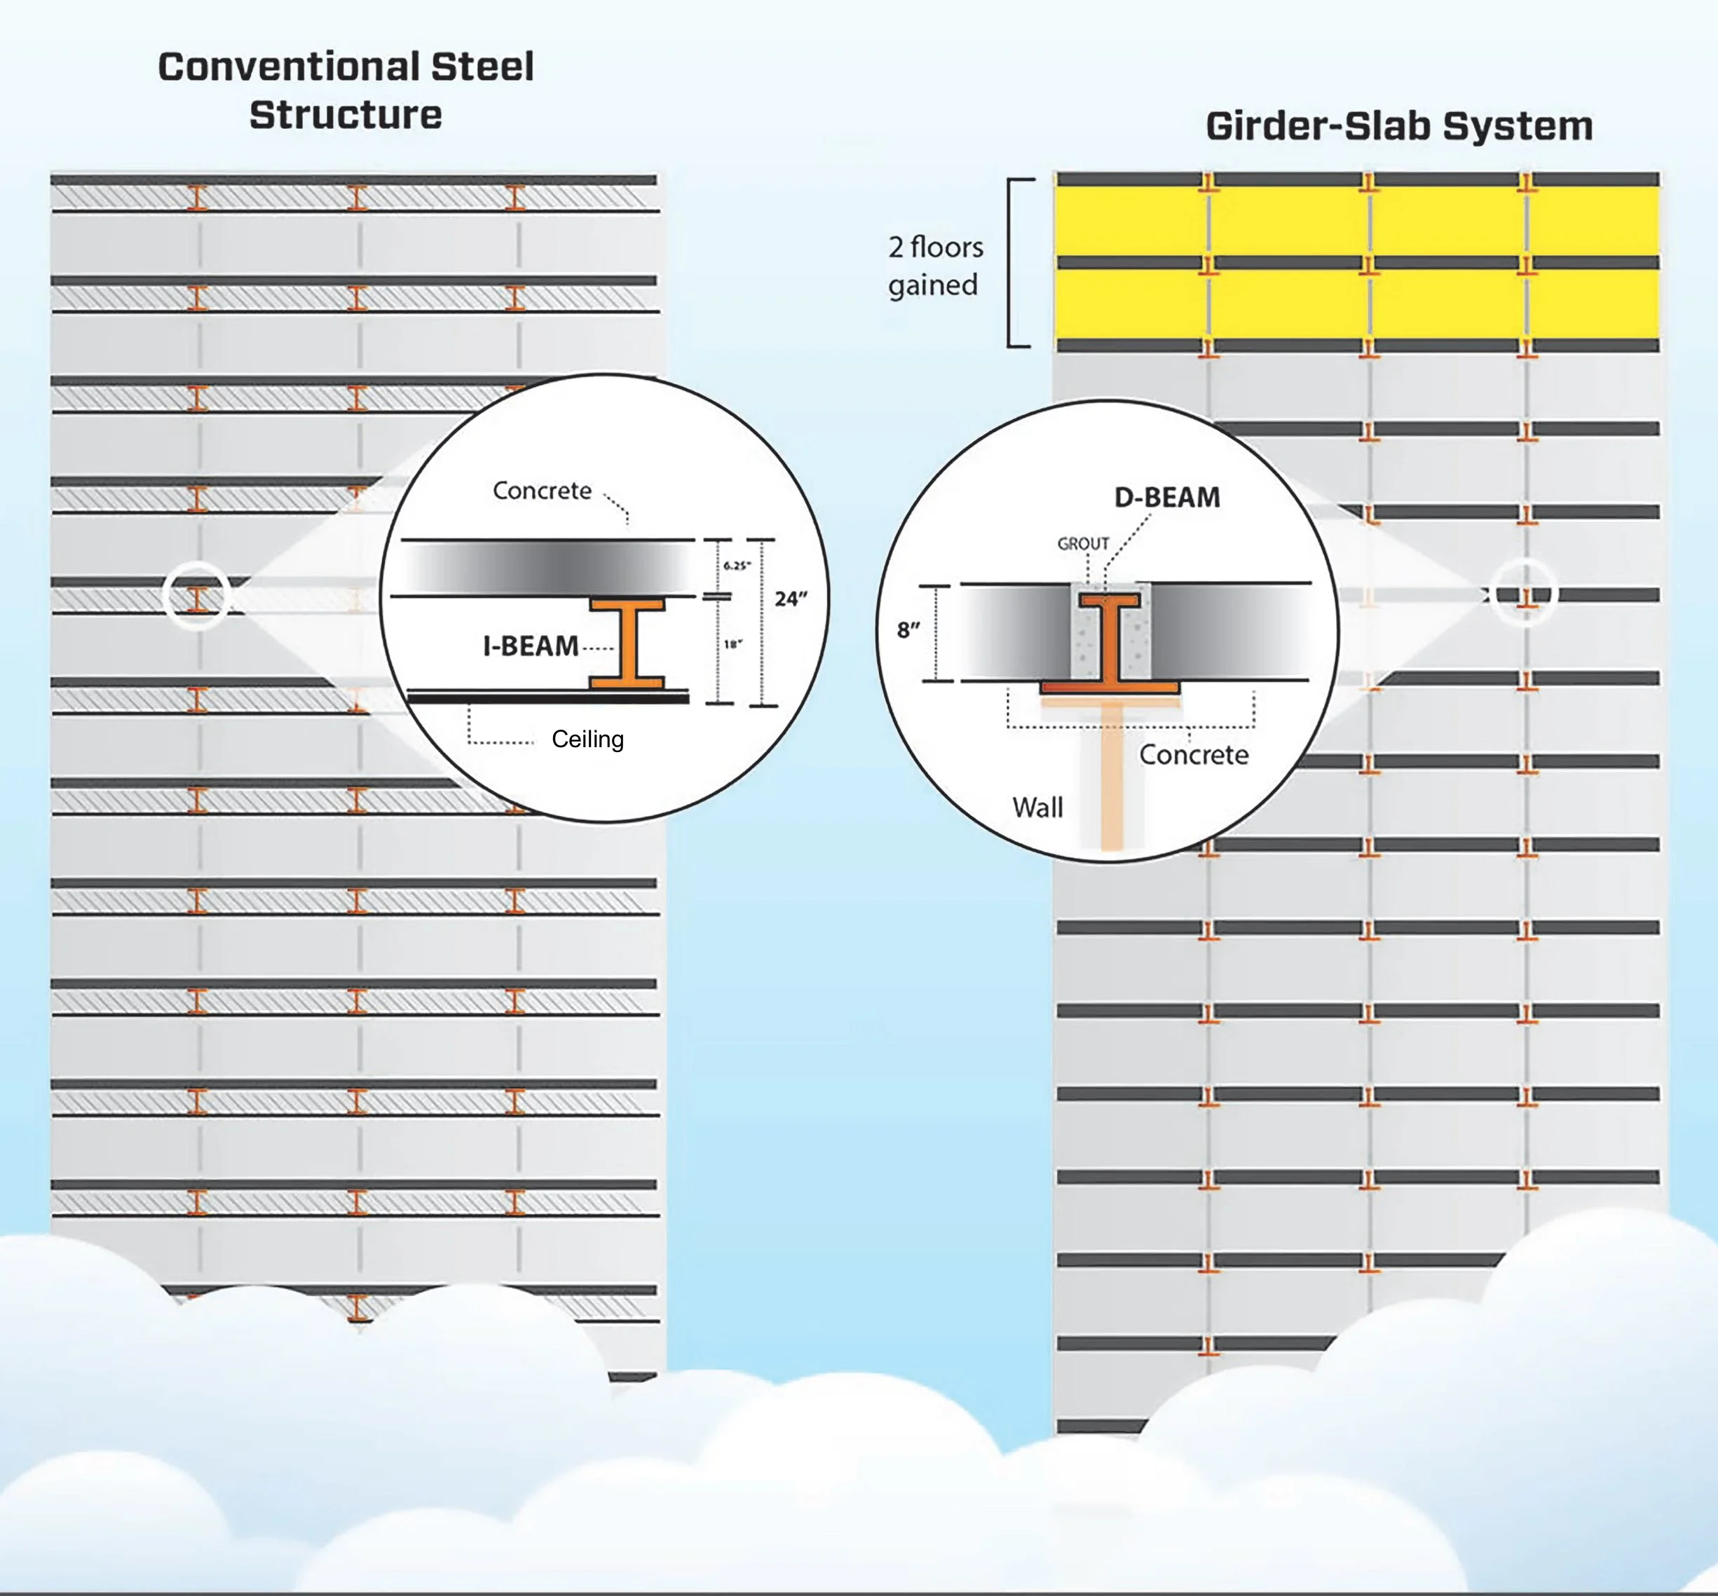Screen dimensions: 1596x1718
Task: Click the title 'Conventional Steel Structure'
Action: click(x=346, y=90)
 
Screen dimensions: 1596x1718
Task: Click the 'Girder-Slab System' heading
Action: click(x=1398, y=126)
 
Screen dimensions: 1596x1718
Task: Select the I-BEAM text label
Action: click(x=531, y=646)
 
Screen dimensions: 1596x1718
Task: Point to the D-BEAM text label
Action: click(x=1167, y=498)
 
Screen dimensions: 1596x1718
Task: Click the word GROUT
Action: click(x=1083, y=543)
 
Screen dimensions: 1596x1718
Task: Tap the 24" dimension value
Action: click(x=791, y=599)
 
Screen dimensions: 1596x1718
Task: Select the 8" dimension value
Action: click(x=908, y=629)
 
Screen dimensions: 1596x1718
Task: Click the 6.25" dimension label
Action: click(x=737, y=566)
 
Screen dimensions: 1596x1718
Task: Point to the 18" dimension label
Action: click(x=732, y=644)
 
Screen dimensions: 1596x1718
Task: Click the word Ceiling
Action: click(x=587, y=739)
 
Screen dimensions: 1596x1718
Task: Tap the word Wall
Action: click(x=1037, y=807)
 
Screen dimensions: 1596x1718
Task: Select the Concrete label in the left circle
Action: click(x=542, y=491)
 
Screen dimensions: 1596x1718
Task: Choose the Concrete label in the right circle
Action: click(x=1194, y=755)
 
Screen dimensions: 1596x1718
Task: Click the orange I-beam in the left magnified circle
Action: click(x=628, y=643)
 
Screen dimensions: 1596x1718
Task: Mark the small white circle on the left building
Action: click(x=196, y=595)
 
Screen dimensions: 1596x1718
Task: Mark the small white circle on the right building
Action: click(x=1525, y=592)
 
